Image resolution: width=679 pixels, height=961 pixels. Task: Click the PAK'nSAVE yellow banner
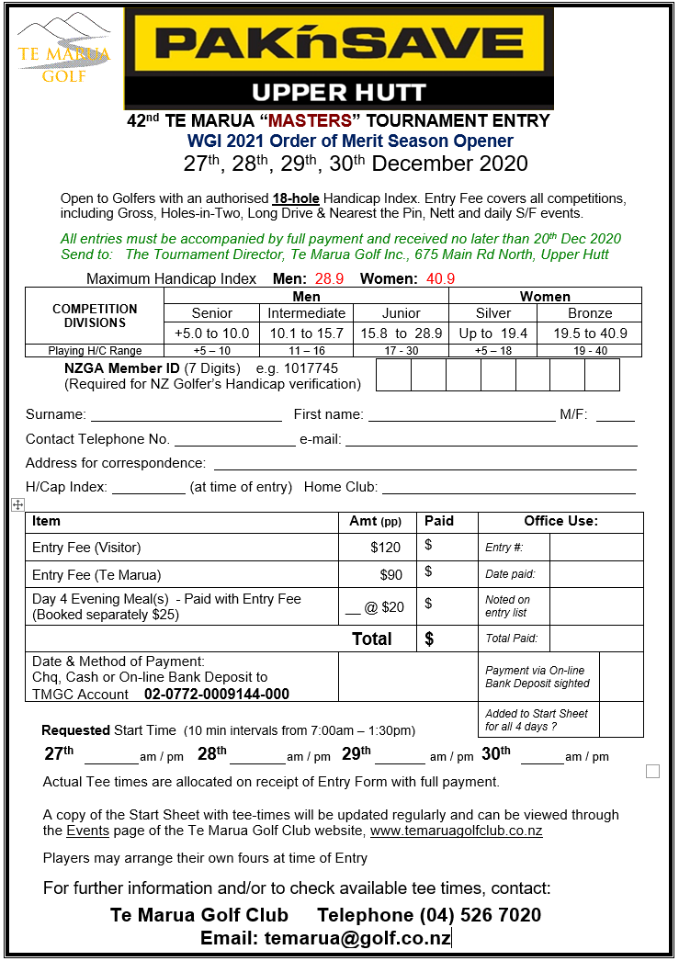[339, 42]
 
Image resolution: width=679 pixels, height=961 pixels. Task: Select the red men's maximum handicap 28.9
[329, 278]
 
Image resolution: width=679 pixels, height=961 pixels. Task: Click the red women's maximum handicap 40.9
[440, 278]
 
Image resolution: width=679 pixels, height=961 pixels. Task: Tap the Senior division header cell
[212, 313]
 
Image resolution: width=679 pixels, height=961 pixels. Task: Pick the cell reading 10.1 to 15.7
[307, 333]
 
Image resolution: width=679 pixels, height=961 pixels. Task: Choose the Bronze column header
[590, 313]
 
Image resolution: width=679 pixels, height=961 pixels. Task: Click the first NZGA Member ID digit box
[392, 375]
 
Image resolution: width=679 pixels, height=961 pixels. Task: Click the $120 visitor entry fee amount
[386, 548]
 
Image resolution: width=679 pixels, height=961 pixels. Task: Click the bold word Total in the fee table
[372, 639]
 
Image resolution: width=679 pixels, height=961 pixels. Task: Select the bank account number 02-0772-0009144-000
[217, 695]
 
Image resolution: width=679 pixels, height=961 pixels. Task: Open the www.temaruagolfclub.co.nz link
[456, 831]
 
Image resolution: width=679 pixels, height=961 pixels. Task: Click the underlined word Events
[87, 831]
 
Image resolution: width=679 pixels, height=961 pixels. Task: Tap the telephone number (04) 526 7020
[481, 915]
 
